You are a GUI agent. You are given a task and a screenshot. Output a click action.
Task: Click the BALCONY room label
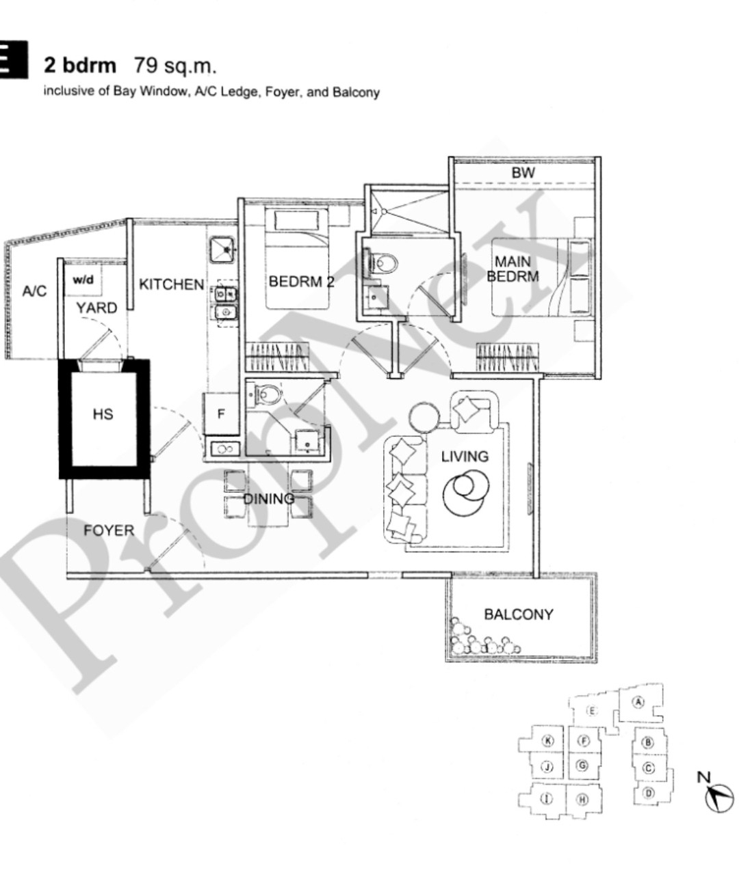(519, 614)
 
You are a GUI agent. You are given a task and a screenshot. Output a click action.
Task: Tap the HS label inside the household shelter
(103, 414)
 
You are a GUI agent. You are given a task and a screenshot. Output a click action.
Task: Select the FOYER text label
(109, 530)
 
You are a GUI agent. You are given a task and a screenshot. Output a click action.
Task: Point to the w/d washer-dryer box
(83, 280)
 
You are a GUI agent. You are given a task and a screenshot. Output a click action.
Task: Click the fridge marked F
(221, 414)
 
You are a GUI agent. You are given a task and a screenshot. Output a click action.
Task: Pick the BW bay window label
(523, 172)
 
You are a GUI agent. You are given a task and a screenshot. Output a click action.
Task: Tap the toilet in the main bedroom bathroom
(383, 264)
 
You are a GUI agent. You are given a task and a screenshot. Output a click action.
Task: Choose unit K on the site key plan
(547, 740)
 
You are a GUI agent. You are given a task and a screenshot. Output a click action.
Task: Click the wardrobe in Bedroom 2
(278, 357)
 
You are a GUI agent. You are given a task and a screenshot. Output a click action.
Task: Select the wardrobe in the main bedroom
(508, 357)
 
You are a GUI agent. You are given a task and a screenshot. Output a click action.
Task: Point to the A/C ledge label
(34, 290)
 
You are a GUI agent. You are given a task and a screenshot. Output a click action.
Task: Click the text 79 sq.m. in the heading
(175, 66)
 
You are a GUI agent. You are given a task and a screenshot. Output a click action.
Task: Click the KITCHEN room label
(172, 284)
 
